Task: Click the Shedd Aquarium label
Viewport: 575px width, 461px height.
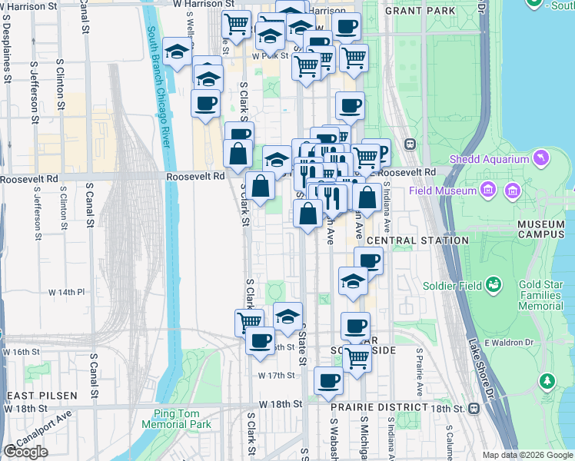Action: click(x=490, y=160)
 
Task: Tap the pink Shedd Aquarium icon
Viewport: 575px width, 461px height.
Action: click(x=542, y=159)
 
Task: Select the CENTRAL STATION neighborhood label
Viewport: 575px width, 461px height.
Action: click(x=417, y=240)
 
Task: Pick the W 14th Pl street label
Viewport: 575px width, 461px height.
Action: click(x=66, y=293)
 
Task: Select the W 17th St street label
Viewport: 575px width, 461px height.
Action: click(x=277, y=375)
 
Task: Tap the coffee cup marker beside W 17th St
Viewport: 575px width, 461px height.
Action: click(x=328, y=380)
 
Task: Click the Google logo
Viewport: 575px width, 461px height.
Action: click(x=26, y=451)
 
